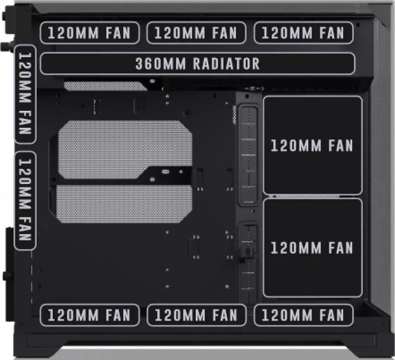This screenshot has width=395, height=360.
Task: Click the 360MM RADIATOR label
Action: pos(198,63)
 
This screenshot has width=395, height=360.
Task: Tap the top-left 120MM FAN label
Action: pos(89,33)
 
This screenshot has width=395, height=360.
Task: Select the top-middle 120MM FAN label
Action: pos(196,33)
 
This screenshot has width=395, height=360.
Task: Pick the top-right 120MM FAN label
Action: pos(304,33)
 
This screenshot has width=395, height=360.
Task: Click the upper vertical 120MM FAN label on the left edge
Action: pos(25,94)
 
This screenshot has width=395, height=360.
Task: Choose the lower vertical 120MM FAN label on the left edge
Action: pos(25,201)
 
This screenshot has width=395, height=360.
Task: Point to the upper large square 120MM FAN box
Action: pos(312,145)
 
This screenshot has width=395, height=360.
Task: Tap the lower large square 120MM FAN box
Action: pos(312,248)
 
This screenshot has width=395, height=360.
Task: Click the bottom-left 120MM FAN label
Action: pos(89,315)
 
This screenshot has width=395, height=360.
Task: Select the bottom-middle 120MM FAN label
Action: pos(196,315)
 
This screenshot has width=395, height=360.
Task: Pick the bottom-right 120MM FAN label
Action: pos(304,315)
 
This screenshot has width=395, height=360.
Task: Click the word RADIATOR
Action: pos(227,64)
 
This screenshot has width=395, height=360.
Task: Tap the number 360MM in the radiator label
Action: pos(160,64)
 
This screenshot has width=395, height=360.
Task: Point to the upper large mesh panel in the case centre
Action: pos(125,150)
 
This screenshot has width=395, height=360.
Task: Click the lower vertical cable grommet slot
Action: pos(248,263)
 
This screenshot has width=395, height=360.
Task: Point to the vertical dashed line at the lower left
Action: pos(32,277)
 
